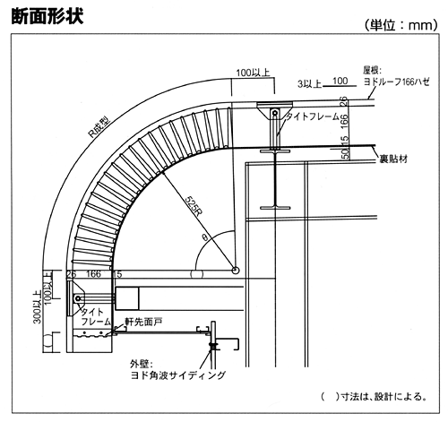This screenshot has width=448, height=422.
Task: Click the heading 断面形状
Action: (47, 15)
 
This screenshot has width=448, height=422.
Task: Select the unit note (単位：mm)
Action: (401, 25)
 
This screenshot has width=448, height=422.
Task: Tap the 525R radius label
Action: (194, 206)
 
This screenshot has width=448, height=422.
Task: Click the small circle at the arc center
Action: (236, 271)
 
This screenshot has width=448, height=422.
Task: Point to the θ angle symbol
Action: (205, 237)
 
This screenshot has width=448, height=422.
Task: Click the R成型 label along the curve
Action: (100, 128)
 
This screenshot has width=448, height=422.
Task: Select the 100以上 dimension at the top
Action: (253, 73)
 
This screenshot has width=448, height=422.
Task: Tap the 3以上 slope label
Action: (309, 84)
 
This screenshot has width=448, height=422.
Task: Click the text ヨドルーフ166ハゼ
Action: (397, 82)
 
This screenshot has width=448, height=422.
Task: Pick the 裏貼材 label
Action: (393, 159)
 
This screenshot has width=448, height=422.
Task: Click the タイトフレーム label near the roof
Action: (313, 116)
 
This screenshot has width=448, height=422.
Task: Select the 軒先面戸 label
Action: (143, 322)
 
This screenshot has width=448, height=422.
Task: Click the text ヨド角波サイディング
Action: (178, 375)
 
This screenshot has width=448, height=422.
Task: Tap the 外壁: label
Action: (142, 365)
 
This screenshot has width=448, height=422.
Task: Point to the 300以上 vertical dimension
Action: (38, 307)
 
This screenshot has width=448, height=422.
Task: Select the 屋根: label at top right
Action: (373, 71)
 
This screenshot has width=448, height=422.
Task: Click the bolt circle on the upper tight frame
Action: (274, 113)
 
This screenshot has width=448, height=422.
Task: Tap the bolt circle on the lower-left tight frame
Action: (78, 298)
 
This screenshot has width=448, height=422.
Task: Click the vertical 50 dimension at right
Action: (345, 153)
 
